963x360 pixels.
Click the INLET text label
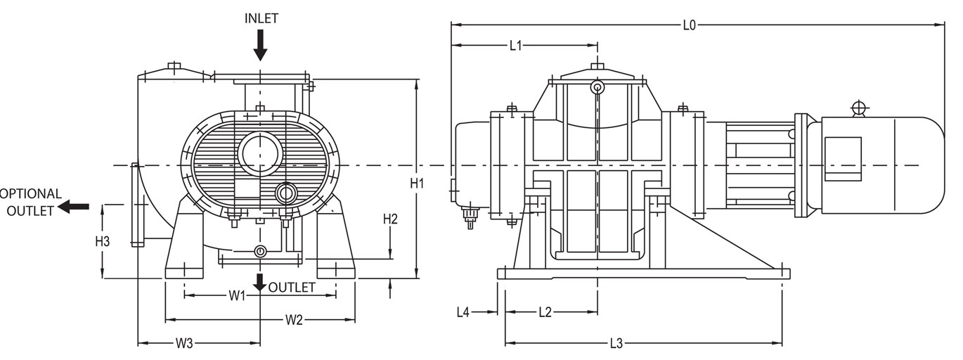pyautogui.click(x=261, y=19)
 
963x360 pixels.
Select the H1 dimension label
pyautogui.click(x=418, y=184)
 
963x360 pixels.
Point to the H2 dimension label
pyautogui.click(x=390, y=219)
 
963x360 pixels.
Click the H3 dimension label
pyautogui.click(x=103, y=241)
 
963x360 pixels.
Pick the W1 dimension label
pyautogui.click(x=237, y=296)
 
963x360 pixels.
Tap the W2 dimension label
pyautogui.click(x=294, y=321)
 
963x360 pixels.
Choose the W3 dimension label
pyautogui.click(x=184, y=344)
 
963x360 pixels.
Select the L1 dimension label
pyautogui.click(x=515, y=46)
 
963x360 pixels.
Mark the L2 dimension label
pyautogui.click(x=545, y=312)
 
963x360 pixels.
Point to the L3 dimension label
pyautogui.click(x=616, y=344)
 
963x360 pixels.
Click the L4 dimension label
pyautogui.click(x=463, y=312)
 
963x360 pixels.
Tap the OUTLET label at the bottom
pyautogui.click(x=292, y=288)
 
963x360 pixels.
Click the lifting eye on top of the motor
pyautogui.click(x=858, y=108)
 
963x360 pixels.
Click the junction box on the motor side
pyautogui.click(x=842, y=159)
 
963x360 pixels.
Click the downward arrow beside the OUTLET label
pyautogui.click(x=260, y=282)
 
